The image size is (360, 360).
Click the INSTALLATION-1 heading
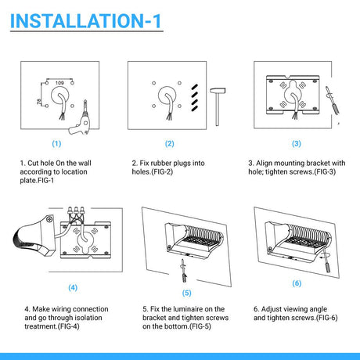85,20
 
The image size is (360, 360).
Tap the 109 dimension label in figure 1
59,83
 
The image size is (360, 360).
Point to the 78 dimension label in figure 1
39,101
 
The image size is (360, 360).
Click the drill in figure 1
80,119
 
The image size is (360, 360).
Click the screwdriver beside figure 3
333,101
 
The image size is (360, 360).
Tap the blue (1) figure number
56,144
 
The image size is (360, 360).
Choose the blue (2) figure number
170,144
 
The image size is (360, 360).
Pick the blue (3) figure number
297,144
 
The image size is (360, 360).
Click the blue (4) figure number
73,288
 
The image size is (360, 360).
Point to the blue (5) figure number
187,293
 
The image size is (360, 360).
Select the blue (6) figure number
297,283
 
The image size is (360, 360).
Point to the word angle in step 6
318,310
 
